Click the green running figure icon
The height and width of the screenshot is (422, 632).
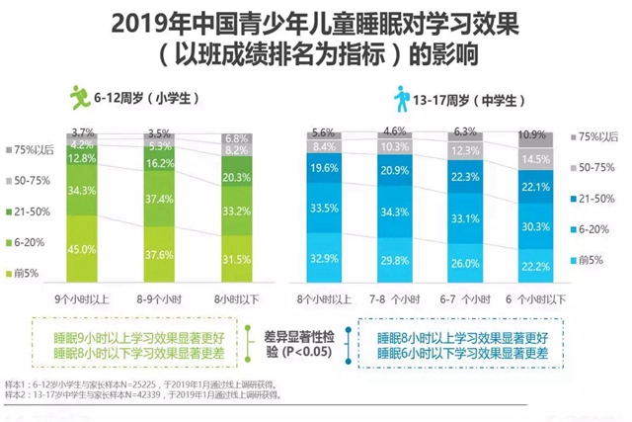[79, 98]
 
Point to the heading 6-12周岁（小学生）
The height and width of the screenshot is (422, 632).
[142, 99]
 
